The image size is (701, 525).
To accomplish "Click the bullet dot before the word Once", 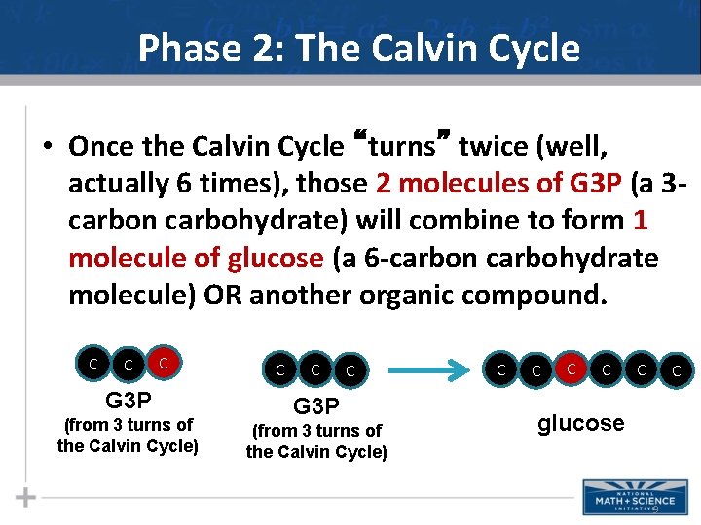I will click(x=46, y=148).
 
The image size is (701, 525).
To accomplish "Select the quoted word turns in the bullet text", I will click(x=401, y=146).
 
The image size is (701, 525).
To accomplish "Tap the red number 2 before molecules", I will click(x=382, y=184).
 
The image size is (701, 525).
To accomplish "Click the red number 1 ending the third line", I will click(x=640, y=221).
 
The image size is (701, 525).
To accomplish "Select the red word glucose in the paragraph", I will click(x=275, y=258).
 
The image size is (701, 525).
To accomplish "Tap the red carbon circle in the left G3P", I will click(x=165, y=364).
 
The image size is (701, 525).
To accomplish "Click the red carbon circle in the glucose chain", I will click(x=572, y=368).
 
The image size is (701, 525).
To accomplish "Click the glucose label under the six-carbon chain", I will click(x=580, y=423).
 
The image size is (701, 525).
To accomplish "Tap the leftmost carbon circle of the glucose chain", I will click(x=501, y=369).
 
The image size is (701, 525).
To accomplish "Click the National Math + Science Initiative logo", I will click(x=623, y=497).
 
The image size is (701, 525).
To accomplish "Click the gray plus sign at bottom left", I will click(x=26, y=497).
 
